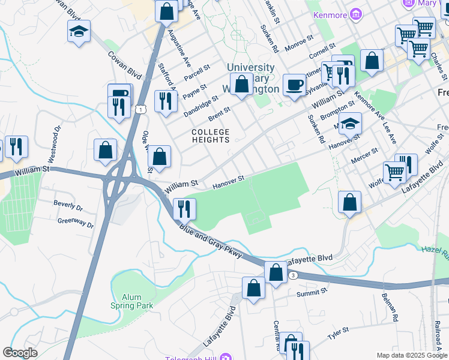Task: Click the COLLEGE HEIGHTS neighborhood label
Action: [x=210, y=136]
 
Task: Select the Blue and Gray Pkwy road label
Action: [x=210, y=242]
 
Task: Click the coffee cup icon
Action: [x=294, y=85]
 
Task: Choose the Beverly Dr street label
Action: [x=68, y=206]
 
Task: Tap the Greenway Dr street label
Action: [x=76, y=223]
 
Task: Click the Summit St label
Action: [x=312, y=294]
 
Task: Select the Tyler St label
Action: [x=338, y=333]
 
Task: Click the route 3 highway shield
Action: [x=293, y=275]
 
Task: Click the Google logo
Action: [x=20, y=353]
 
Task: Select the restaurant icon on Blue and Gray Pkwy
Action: [x=184, y=208]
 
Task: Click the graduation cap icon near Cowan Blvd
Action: [x=79, y=31]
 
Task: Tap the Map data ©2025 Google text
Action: [x=412, y=355]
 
